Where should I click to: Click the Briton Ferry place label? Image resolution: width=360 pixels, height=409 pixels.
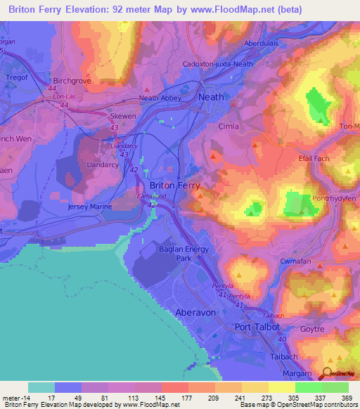(175, 186)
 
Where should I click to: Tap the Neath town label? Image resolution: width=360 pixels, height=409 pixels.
(212, 97)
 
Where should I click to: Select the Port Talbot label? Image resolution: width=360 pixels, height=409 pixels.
(257, 327)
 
